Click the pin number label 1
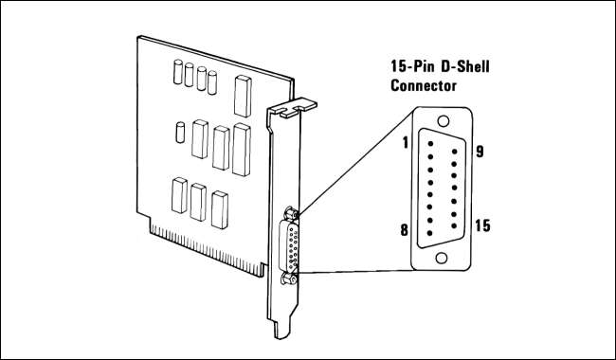[405, 143]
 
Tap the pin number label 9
[480, 152]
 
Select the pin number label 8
[405, 230]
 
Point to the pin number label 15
[482, 225]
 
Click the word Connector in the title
[424, 85]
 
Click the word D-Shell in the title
[465, 66]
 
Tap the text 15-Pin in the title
[412, 66]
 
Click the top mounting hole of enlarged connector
[444, 121]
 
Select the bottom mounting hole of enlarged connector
[442, 258]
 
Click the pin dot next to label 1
[430, 144]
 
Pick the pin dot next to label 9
[455, 152]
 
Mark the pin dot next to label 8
[430, 233]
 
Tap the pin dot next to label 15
[454, 225]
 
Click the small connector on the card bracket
[289, 246]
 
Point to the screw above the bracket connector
[291, 213]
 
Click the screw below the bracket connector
[289, 279]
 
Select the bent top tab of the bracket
[296, 107]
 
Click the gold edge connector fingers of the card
[207, 247]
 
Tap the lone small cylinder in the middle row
[180, 133]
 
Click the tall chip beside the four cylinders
[243, 97]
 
